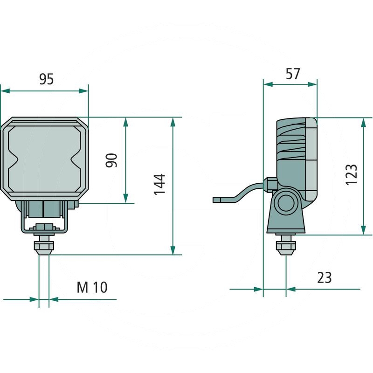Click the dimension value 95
tap(46, 79)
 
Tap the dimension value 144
tap(160, 184)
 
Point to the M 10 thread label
tap(92, 287)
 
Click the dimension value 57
tap(292, 74)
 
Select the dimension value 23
tap(324, 277)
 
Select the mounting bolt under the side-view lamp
tap(286, 245)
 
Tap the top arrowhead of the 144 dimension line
tap(173, 122)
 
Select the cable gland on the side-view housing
tap(269, 184)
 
